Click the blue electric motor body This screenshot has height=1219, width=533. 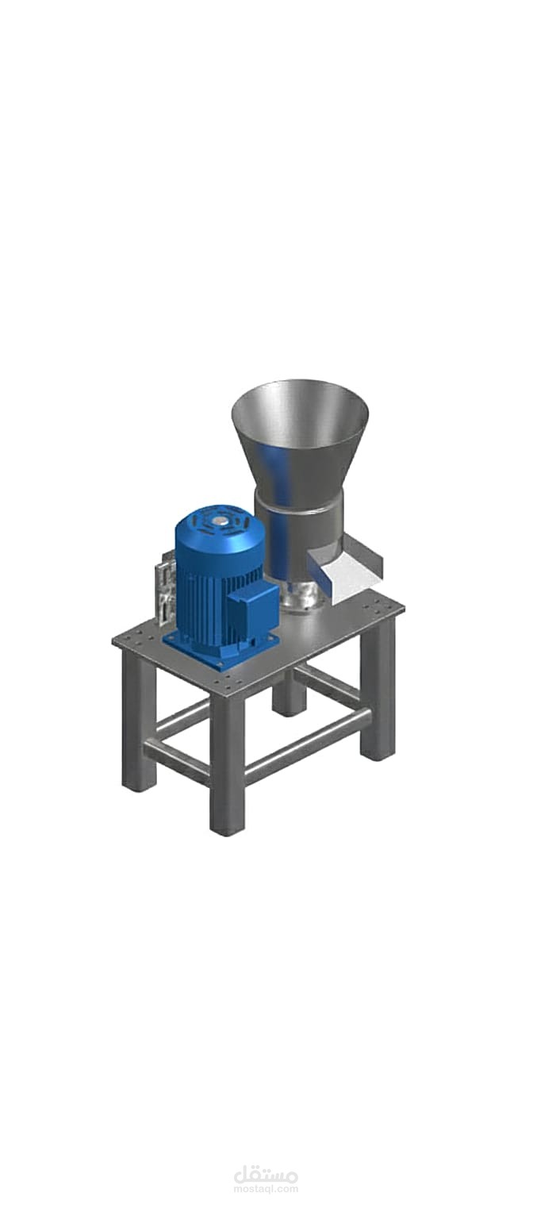point(217,577)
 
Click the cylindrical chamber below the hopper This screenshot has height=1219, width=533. point(298,544)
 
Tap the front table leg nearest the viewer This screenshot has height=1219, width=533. point(228,762)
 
